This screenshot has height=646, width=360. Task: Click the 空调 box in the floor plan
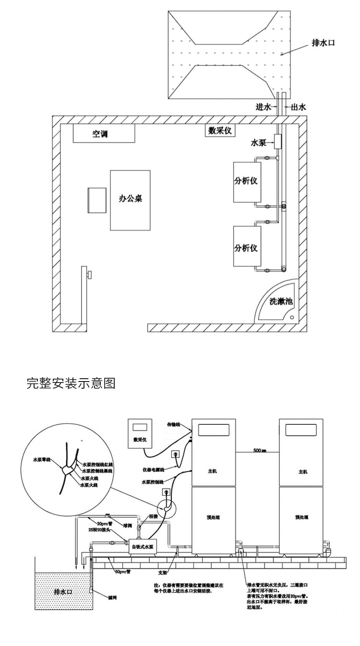103,134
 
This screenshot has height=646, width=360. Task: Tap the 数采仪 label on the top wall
220,131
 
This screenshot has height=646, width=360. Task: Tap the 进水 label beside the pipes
264,107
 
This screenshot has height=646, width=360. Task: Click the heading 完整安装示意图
71,384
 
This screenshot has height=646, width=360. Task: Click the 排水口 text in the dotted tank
62,592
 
